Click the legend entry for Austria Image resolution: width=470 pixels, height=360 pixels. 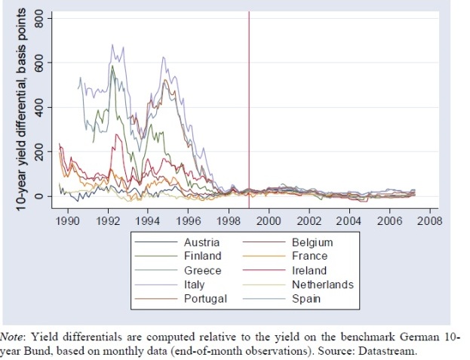[202, 243]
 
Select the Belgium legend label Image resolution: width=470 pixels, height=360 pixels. [312, 243]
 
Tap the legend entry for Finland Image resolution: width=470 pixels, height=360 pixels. [203, 257]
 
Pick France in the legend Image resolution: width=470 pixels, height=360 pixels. [309, 257]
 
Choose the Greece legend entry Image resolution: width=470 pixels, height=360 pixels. [203, 270]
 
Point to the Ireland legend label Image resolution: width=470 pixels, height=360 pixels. [309, 270]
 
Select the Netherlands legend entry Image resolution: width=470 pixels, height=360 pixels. [322, 285]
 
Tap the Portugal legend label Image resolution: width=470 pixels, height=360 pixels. [205, 298]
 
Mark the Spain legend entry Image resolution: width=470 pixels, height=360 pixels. [307, 298]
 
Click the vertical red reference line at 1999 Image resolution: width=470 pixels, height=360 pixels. [249, 113]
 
